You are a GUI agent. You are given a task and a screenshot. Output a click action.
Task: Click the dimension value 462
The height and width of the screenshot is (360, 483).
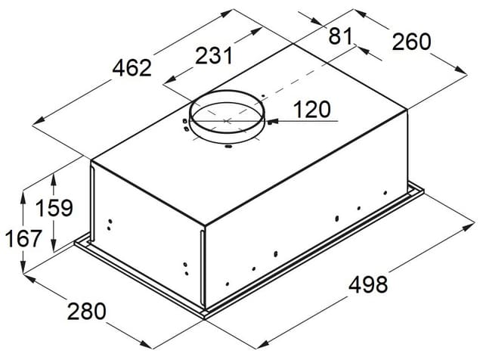click(x=132, y=68)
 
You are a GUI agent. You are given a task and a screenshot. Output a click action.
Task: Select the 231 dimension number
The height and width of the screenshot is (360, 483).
click(x=214, y=55)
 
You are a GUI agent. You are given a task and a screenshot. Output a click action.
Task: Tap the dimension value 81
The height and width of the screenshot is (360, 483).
click(x=340, y=36)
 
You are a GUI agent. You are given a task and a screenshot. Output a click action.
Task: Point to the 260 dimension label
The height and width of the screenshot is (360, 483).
click(x=411, y=42)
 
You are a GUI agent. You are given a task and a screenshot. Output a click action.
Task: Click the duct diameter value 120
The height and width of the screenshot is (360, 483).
click(x=312, y=110)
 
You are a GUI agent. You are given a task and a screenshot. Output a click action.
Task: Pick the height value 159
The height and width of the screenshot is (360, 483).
click(x=54, y=208)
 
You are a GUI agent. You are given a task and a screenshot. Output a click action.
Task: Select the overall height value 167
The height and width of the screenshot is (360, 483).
click(x=23, y=238)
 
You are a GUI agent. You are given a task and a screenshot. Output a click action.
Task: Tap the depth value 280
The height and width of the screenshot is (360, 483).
click(x=87, y=312)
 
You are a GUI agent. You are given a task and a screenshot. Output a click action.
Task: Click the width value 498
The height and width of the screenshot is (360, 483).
click(x=368, y=284)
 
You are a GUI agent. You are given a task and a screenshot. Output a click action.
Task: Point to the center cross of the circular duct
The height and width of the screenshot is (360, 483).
click(x=227, y=121)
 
